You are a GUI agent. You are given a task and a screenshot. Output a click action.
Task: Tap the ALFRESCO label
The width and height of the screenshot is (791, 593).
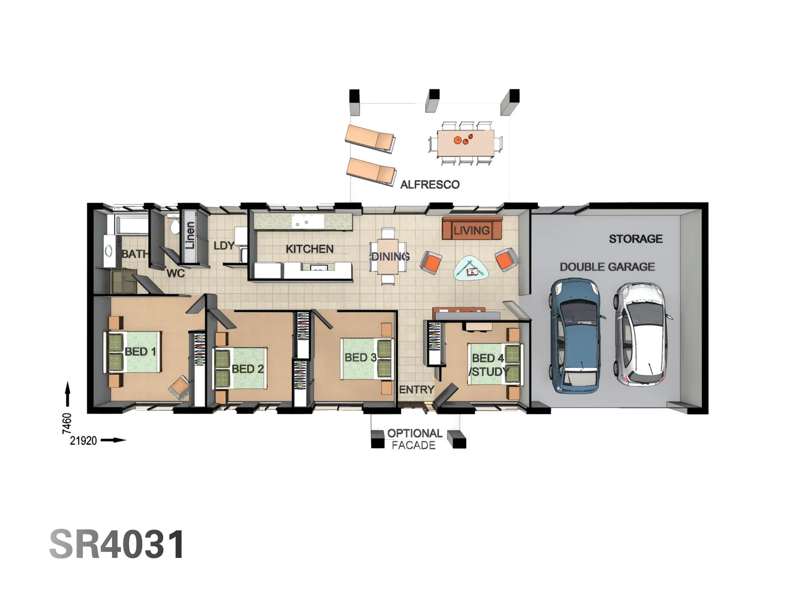coord(430,184)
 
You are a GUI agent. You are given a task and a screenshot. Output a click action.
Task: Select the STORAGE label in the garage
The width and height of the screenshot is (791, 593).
coord(636,239)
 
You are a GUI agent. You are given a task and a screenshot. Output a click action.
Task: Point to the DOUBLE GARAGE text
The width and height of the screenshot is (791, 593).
coord(607,267)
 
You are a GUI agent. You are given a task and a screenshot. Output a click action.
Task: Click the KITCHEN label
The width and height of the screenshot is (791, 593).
coord(309,249)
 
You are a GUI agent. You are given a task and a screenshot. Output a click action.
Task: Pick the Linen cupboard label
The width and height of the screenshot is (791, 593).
coord(190,235)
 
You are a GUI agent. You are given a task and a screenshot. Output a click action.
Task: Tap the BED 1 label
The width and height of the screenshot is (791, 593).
coord(140,351)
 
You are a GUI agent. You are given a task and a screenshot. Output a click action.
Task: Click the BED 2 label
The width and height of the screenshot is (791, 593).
coord(247,369)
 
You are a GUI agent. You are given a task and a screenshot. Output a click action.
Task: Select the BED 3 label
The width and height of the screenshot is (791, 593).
coord(360,357)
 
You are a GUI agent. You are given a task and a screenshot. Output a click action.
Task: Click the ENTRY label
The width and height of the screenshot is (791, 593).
coord(416,390)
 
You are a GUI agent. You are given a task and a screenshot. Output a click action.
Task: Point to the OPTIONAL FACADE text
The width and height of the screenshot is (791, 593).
coord(415,439)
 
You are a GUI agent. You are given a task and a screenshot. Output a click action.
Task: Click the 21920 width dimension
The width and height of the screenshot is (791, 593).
coord(83,440)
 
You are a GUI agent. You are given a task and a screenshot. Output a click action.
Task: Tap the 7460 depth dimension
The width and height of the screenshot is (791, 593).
coord(67,423)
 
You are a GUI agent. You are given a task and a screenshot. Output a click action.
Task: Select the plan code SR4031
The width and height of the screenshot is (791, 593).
coord(117,545)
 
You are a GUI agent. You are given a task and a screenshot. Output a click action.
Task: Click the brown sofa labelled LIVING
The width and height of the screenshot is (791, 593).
coord(472,228)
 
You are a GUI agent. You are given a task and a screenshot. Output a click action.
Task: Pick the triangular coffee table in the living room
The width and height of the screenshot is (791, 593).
coord(471,269)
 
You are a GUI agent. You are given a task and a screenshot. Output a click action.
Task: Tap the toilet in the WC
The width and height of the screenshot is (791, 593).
coord(174,226)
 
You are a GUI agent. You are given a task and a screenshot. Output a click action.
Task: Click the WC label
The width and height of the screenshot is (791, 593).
coord(175,273)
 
